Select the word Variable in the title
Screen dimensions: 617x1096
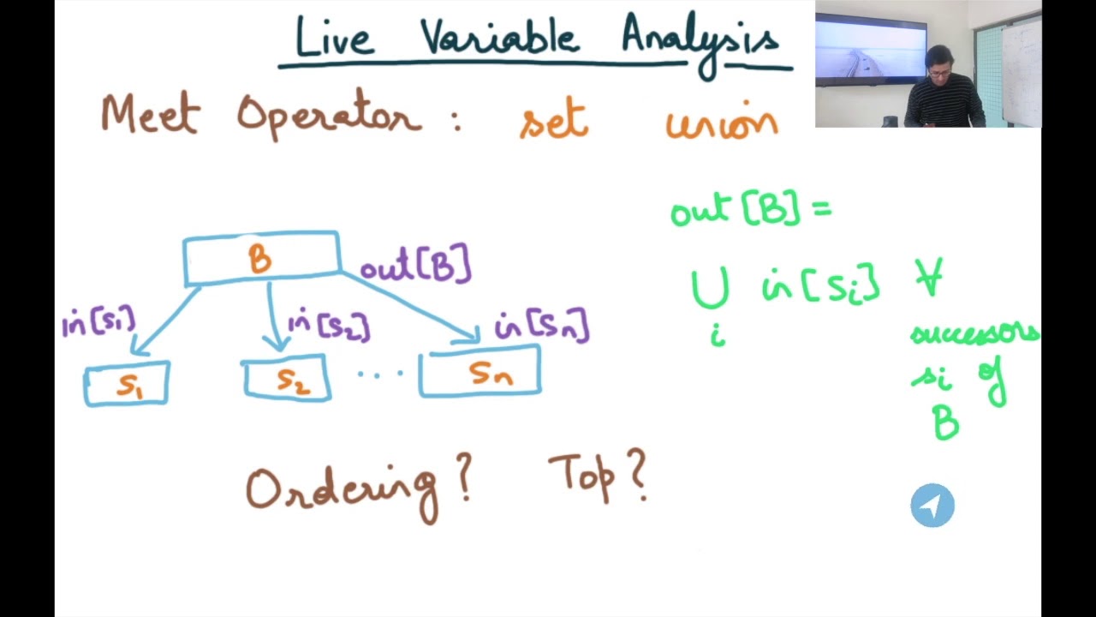click(498, 39)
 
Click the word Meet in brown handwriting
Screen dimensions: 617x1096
click(150, 116)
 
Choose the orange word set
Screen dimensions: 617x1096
click(554, 123)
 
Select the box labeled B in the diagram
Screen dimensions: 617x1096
click(261, 258)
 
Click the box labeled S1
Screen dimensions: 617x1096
click(127, 384)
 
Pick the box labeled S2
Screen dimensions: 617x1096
click(288, 380)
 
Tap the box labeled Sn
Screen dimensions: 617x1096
click(479, 372)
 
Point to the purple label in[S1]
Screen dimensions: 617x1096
click(98, 323)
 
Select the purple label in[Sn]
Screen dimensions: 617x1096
click(542, 327)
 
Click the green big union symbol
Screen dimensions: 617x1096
click(710, 289)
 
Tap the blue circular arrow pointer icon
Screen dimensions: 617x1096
click(932, 506)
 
